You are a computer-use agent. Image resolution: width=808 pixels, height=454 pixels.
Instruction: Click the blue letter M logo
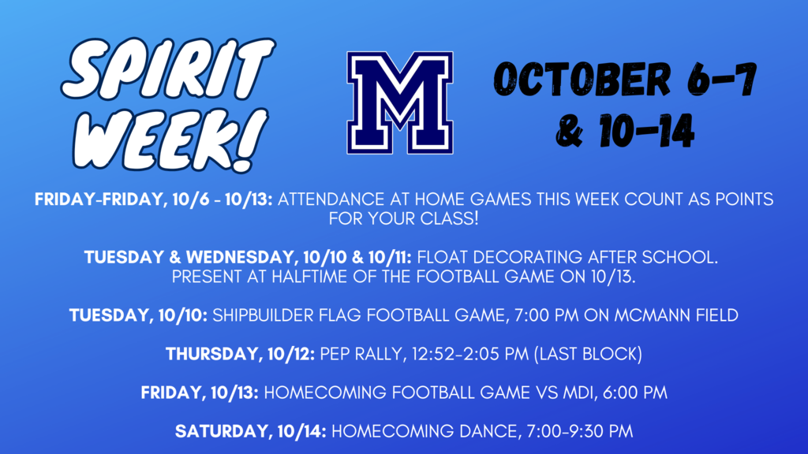tap(400, 102)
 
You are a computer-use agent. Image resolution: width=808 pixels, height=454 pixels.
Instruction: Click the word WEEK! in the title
tap(170, 140)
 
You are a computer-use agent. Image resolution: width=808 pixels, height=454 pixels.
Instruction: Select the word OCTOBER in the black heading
tap(583, 79)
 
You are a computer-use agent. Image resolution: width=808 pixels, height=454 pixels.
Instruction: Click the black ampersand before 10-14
tap(570, 132)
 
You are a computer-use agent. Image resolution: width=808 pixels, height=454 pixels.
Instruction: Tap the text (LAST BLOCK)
tap(588, 354)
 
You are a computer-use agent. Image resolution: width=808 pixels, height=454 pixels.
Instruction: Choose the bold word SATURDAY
tap(222, 431)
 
